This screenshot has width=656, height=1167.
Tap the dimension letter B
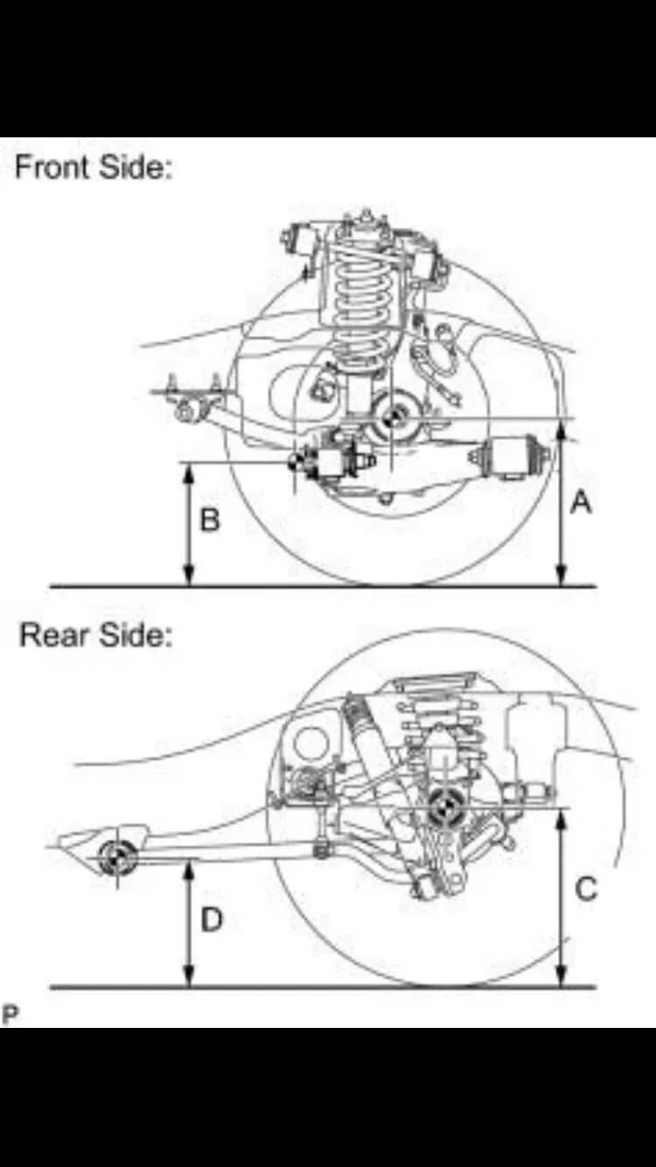coord(210,521)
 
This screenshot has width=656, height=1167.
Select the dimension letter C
coord(586,889)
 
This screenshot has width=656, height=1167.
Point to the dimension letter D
coord(212,919)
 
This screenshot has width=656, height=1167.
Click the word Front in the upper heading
coord(54,166)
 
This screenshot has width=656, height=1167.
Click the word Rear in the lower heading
coord(52,635)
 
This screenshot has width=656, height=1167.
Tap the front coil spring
coord(360,297)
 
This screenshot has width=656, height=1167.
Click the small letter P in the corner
coord(10,1015)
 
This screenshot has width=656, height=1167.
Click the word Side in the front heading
coord(134,166)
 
